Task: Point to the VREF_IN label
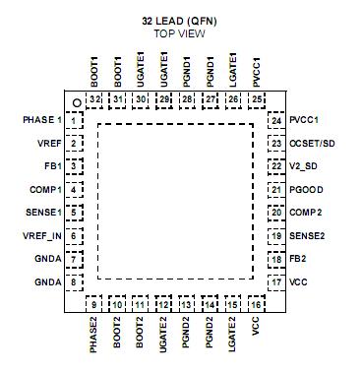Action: point(39,236)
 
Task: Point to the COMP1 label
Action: point(45,189)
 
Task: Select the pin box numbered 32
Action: point(94,99)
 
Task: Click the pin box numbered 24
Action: point(277,120)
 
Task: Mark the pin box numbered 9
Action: point(94,305)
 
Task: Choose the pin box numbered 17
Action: point(277,282)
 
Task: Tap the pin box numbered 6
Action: point(75,236)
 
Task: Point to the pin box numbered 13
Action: point(187,305)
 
